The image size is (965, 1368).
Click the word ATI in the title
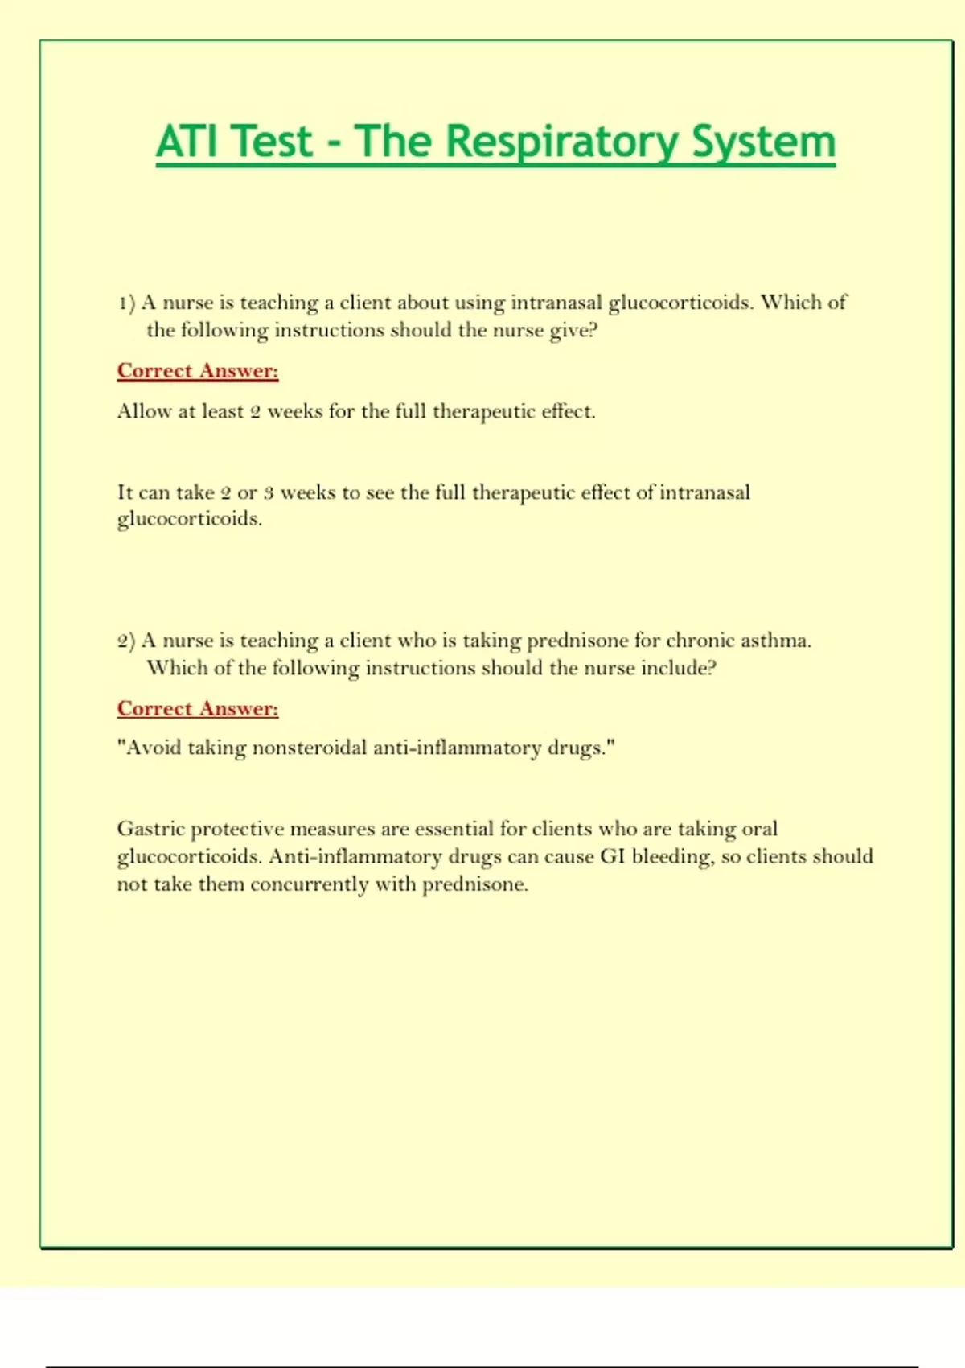coord(187,142)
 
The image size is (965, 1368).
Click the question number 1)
coord(126,303)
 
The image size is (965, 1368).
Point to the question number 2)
coord(126,641)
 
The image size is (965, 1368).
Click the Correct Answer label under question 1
coord(198,371)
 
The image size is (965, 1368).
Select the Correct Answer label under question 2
coord(198,709)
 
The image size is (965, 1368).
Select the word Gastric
coord(150,829)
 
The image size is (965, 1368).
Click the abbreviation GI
coord(613,856)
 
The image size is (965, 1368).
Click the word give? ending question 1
coord(574,331)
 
